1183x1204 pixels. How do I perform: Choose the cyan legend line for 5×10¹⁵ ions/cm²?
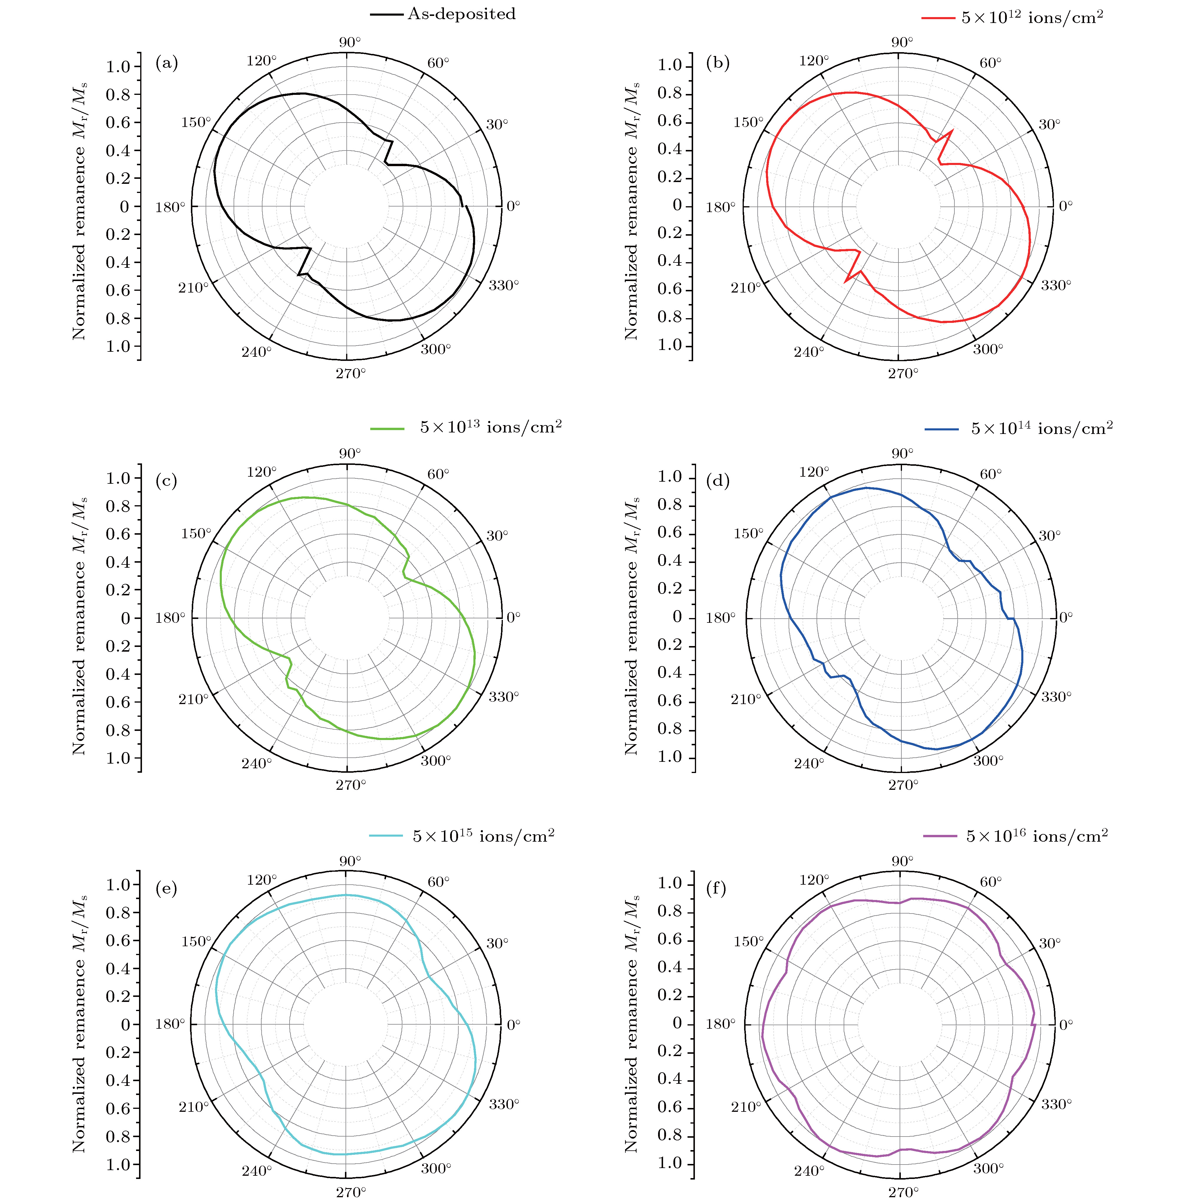[x=386, y=836]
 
